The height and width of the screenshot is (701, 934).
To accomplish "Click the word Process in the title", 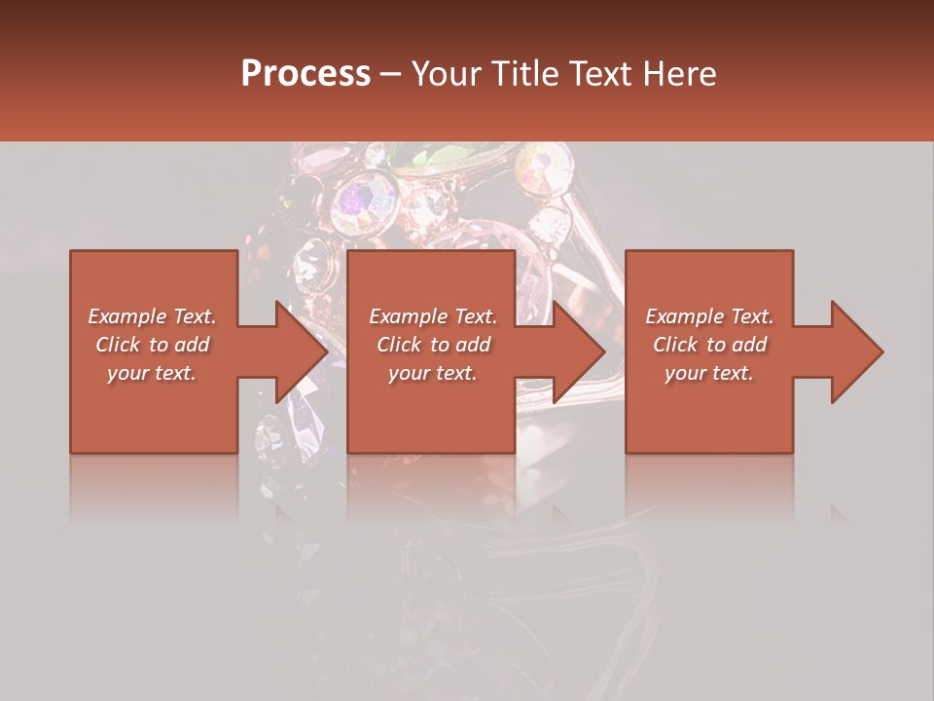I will click(305, 73).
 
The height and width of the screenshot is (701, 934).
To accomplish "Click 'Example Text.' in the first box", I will click(152, 316).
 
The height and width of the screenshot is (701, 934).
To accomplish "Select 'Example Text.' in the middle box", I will click(433, 316).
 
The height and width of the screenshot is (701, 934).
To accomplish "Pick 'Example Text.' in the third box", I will click(709, 316).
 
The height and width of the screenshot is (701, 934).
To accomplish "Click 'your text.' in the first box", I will click(152, 373).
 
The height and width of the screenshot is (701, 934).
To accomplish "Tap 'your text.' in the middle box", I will click(433, 373).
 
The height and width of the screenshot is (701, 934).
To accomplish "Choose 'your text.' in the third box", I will click(709, 373).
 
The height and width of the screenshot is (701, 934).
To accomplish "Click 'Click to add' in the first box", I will click(152, 345).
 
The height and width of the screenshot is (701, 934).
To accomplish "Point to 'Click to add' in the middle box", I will click(433, 345).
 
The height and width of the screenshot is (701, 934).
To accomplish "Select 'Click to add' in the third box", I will click(709, 345).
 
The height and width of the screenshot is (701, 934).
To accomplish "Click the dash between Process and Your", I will click(391, 74).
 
